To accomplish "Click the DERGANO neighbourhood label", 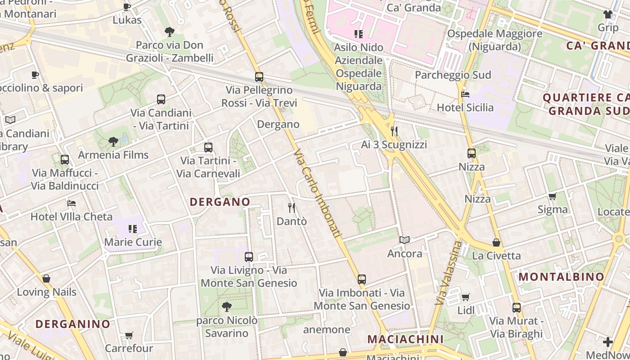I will pos(220,202).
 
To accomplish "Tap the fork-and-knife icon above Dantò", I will pos(292,207).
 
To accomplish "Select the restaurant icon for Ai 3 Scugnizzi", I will pos(394,131).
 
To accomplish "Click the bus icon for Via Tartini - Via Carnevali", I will pos(208,147).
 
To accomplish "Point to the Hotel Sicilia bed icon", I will pos(465,94).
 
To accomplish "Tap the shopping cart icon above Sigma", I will pos(552,196).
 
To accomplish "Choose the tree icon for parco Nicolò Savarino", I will pos(227,307).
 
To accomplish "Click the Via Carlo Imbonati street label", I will pos(317,193).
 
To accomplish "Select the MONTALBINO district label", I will pos(562,277).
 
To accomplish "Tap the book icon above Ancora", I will pos(405,240).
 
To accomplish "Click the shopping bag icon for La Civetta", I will pos(496,243).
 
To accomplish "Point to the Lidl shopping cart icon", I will pos(466,297).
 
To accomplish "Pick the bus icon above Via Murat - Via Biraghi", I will pos(516,308).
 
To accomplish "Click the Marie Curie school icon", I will pos(132,229).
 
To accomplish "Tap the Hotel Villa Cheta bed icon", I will pos(72,203).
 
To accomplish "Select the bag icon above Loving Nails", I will pos(46,279).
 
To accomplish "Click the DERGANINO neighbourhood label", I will pos(73,324).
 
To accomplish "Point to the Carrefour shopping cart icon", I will pos(129,335).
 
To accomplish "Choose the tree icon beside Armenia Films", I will pos(113,142).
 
